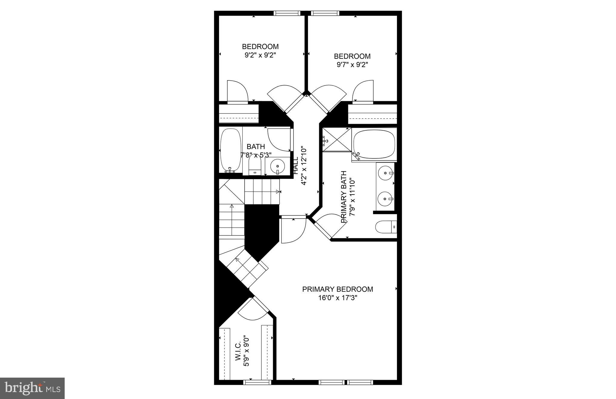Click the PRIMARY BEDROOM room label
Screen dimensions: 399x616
pyautogui.click(x=337, y=289)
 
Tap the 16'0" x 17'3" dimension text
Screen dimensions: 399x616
pyautogui.click(x=337, y=298)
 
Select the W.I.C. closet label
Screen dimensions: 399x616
pyautogui.click(x=238, y=351)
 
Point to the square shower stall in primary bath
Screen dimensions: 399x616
pyautogui.click(x=337, y=140)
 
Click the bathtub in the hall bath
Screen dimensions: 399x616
pyautogui.click(x=231, y=150)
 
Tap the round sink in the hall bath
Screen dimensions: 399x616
pyautogui.click(x=277, y=166)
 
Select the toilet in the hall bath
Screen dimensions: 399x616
pyautogui.click(x=255, y=166)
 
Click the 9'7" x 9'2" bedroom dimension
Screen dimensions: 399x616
pyautogui.click(x=352, y=65)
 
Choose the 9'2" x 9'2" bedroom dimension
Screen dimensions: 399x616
pyautogui.click(x=260, y=55)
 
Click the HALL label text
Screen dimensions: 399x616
pyautogui.click(x=296, y=165)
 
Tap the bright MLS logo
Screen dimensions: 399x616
pyautogui.click(x=32, y=388)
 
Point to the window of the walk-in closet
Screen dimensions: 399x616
pyautogui.click(x=257, y=382)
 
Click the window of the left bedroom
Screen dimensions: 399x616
pyautogui.click(x=287, y=13)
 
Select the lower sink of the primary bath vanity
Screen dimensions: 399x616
pyautogui.click(x=385, y=199)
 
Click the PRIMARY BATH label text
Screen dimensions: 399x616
pyautogui.click(x=344, y=197)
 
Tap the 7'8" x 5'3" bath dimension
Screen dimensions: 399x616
pyautogui.click(x=256, y=155)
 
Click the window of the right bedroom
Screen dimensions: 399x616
pyautogui.click(x=325, y=13)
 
